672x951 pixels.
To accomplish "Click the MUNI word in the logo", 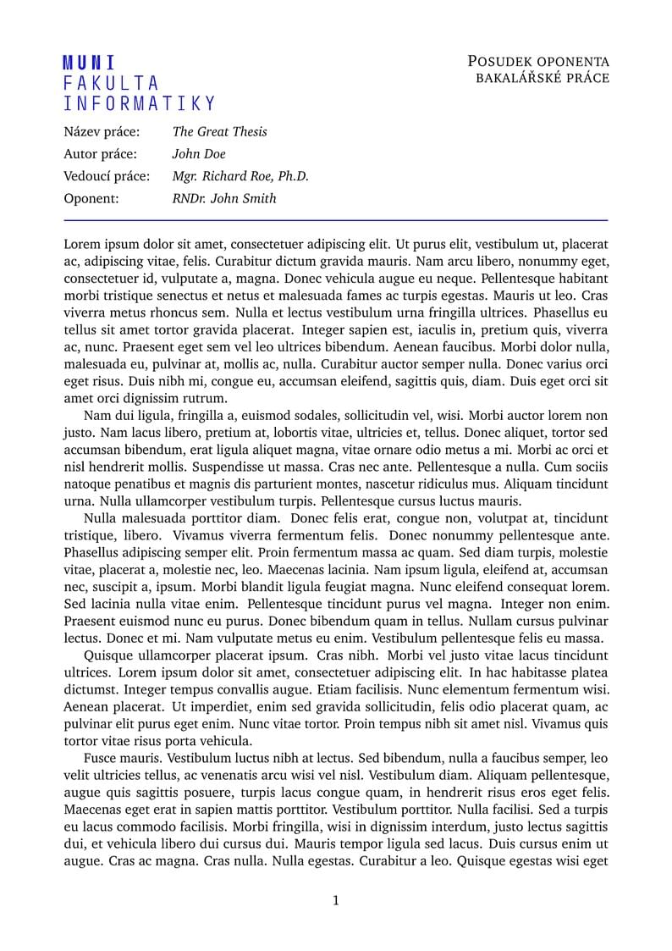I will [x=89, y=63].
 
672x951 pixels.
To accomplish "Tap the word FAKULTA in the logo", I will [x=111, y=83].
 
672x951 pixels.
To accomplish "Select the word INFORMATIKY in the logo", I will [x=140, y=104].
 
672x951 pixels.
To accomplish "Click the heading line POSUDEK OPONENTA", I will [x=537, y=61].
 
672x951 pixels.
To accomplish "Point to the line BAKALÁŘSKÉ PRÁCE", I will [x=542, y=78].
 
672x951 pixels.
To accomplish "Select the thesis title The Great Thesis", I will [x=219, y=131].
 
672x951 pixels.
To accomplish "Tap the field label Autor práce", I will [x=102, y=154].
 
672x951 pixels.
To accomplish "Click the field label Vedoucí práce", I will [x=107, y=176].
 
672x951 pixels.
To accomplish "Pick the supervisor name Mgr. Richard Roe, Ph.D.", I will [x=240, y=176].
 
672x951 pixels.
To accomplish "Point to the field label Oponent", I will [x=91, y=199].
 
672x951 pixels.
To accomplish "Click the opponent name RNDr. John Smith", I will [x=223, y=199].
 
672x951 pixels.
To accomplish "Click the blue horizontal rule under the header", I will [x=336, y=220].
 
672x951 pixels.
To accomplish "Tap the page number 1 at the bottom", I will [x=336, y=900].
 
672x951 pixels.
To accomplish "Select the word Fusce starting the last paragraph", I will [x=102, y=758].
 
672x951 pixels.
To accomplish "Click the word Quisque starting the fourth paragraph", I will [x=108, y=655].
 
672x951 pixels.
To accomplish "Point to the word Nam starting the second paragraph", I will [x=98, y=416].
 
